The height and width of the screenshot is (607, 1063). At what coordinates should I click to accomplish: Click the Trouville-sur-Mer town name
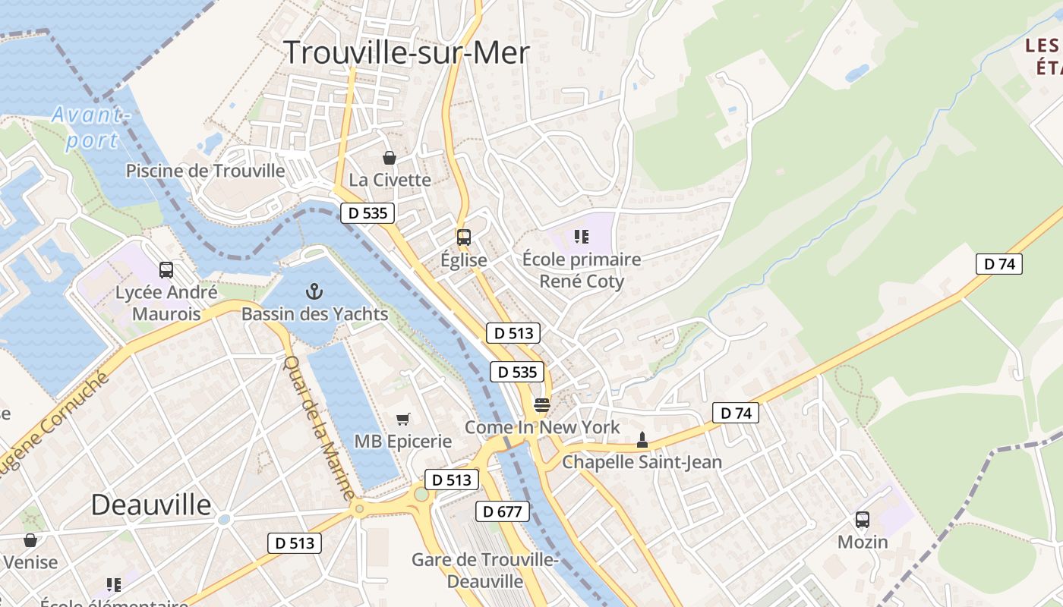tap(406, 52)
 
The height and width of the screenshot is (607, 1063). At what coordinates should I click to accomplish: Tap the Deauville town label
tap(151, 505)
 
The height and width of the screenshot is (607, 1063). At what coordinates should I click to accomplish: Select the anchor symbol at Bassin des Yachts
tap(314, 291)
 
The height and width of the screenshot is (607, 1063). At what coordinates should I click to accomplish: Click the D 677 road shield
tap(503, 511)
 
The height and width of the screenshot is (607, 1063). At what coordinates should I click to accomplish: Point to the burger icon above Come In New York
tap(541, 404)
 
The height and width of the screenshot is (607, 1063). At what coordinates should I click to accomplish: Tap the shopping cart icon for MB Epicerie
tap(403, 419)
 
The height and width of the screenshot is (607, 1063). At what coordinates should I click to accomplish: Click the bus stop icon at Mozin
tap(863, 520)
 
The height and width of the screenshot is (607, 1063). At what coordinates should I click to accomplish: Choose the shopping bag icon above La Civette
tap(390, 158)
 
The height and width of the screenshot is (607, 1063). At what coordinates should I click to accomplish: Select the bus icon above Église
tap(464, 237)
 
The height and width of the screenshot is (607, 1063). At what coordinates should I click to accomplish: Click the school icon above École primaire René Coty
tap(582, 237)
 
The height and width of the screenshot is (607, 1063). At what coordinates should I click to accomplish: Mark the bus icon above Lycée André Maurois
tap(166, 269)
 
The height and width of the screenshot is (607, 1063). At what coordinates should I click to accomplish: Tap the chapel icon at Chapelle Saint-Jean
tap(642, 439)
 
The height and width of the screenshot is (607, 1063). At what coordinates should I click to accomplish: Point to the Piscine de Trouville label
tap(206, 171)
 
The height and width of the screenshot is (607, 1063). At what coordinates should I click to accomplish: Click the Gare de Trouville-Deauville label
tap(485, 571)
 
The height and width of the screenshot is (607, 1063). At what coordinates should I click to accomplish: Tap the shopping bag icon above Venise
tap(30, 540)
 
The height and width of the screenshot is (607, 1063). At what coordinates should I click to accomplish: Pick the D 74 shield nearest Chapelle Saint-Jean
tap(735, 413)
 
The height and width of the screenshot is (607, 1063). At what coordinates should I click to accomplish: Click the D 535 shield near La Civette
tap(368, 213)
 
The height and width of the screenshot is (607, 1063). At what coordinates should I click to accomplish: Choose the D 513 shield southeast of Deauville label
tap(295, 543)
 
